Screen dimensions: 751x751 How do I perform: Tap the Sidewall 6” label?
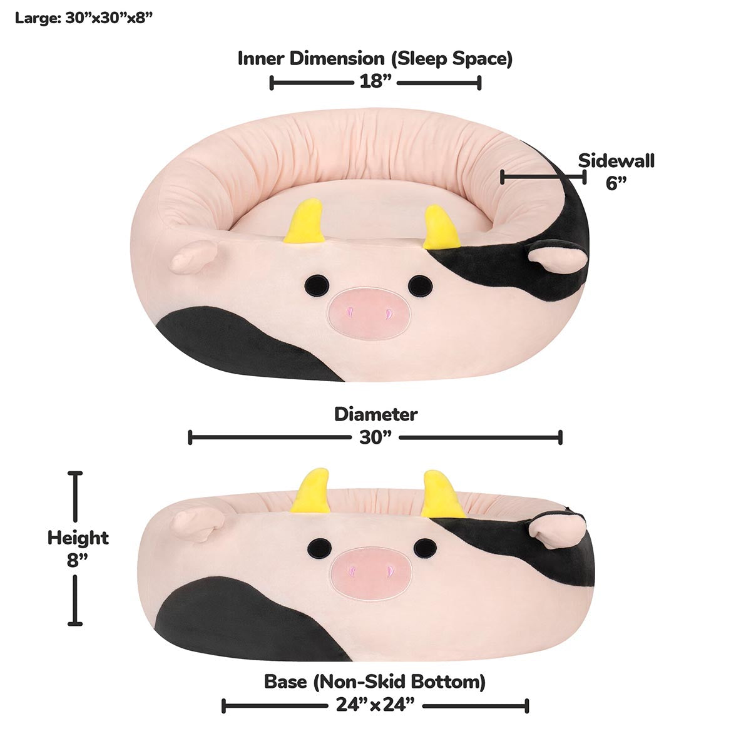(616, 171)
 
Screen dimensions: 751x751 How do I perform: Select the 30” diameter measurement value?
(375, 437)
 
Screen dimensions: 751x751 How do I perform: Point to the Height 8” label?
(78, 548)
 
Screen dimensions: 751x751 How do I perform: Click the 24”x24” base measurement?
(375, 706)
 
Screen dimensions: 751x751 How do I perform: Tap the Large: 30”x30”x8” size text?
(84, 18)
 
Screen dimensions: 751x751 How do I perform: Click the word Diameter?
(375, 414)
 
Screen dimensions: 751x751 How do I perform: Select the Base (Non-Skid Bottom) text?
(375, 681)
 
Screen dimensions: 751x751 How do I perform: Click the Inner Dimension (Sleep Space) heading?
(375, 59)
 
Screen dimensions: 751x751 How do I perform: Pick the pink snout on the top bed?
(369, 311)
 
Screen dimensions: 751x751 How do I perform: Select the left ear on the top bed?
(193, 257)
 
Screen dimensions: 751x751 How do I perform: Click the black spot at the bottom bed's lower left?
(250, 620)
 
